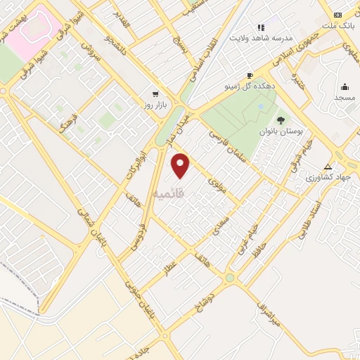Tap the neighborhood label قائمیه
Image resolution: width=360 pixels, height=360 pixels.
point(167,193)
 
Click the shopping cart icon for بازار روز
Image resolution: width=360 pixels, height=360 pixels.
point(155,94)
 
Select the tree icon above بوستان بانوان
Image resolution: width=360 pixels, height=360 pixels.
point(281,120)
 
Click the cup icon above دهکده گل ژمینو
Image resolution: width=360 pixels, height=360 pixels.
point(250,75)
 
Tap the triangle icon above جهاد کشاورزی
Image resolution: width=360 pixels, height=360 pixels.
point(327,167)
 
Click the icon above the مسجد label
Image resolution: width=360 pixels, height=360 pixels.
point(345,86)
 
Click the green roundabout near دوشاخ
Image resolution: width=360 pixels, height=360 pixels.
point(230,278)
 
